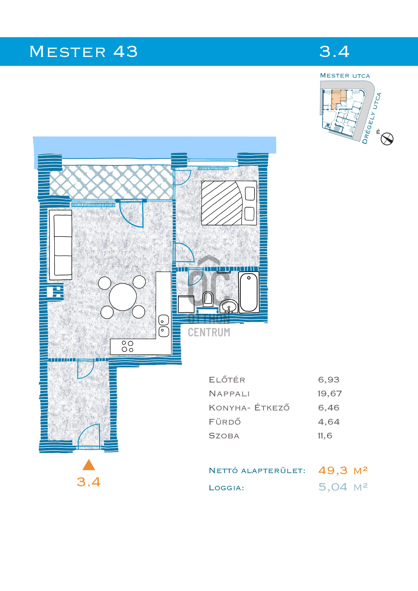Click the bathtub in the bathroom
tap(249, 292)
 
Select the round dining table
tap(123, 297)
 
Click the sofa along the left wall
tap(61, 245)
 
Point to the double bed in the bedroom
tap(229, 203)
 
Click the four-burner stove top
tap(127, 346)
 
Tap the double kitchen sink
tap(163, 326)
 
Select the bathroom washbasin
tap(229, 306)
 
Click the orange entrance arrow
tap(89, 465)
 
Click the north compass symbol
tap(387, 138)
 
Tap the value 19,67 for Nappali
tap(330, 394)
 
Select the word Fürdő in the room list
tap(225, 422)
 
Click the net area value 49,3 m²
tap(343, 470)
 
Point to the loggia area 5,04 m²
tap(343, 487)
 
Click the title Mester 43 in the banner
tap(84, 52)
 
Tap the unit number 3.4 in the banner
tap(334, 52)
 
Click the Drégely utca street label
tap(371, 118)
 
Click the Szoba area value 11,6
tap(325, 436)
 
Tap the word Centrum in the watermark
tap(209, 333)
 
